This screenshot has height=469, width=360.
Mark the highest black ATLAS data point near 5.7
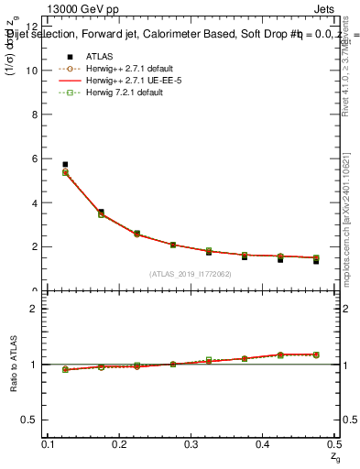(x=64, y=165)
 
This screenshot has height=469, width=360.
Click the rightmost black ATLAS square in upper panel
(x=316, y=261)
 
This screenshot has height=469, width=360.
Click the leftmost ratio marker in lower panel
(x=64, y=369)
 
